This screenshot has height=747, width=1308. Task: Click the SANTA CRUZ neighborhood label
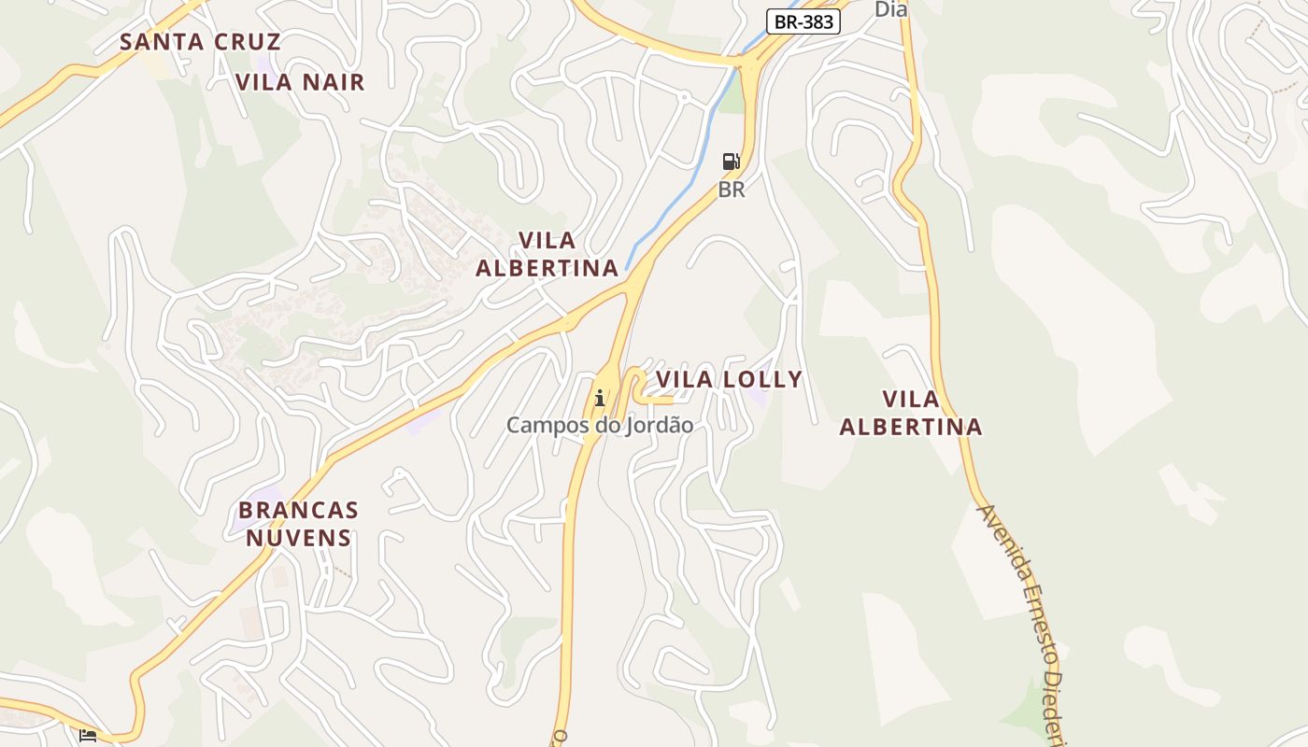tap(200, 42)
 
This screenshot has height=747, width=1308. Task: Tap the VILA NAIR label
tap(300, 82)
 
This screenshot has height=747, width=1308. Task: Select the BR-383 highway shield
tap(803, 21)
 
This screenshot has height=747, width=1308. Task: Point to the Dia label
tap(890, 9)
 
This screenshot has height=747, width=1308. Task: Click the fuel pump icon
tap(732, 162)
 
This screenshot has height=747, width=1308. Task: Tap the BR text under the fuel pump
tap(732, 190)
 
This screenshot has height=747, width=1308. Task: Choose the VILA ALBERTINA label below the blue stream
tap(547, 255)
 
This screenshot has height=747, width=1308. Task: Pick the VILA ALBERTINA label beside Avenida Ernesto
tap(911, 413)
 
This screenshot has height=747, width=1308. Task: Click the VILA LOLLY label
tap(729, 379)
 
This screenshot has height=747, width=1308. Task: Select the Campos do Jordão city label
tap(600, 426)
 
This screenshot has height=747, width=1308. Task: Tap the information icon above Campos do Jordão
tap(600, 399)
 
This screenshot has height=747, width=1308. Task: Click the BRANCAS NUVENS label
tap(298, 524)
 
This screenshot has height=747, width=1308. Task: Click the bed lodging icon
tap(88, 736)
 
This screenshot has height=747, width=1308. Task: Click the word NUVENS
tap(298, 538)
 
